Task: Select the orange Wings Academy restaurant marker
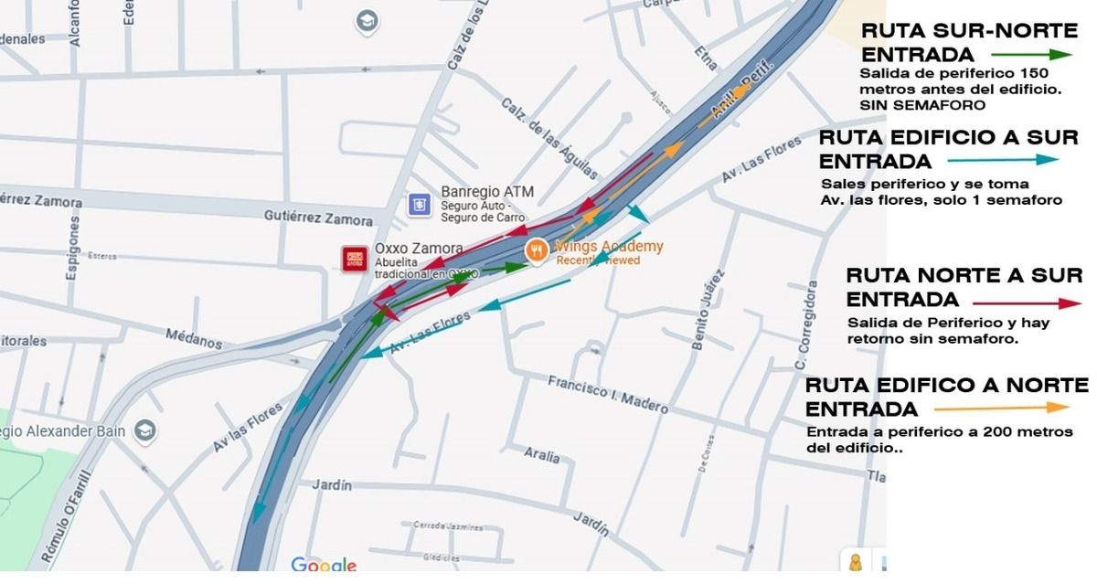click(537, 249)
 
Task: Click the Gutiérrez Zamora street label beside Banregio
click(318, 219)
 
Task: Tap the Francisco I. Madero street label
click(607, 394)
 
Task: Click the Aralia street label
click(542, 453)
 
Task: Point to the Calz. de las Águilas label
click(549, 138)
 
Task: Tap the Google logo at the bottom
click(324, 566)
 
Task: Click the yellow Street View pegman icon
click(857, 562)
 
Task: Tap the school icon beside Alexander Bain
click(144, 430)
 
